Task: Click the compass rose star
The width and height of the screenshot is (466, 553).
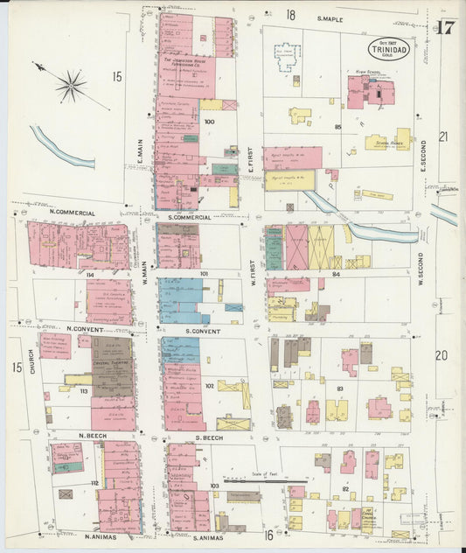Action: [71, 85]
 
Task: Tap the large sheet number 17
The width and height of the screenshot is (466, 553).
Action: [444, 27]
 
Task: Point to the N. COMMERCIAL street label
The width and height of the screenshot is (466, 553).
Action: [73, 213]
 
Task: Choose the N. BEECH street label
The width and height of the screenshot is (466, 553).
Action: [93, 435]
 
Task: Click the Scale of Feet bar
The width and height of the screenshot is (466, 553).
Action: [265, 480]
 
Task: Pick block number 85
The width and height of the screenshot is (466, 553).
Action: [337, 128]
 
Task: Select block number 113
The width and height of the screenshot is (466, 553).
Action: [84, 391]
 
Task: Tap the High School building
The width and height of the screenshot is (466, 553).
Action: [370, 91]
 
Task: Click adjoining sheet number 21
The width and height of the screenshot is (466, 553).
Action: [442, 136]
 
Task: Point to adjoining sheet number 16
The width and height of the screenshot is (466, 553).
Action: [269, 535]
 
